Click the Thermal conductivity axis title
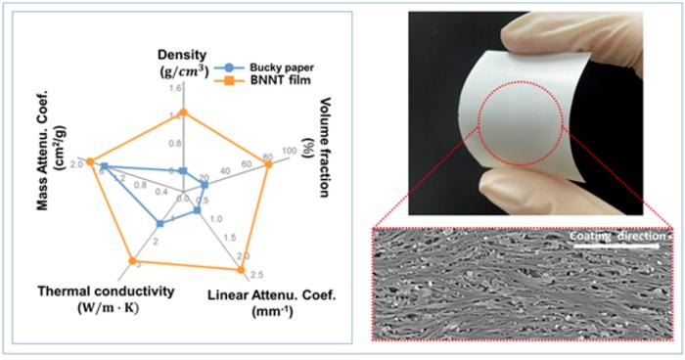(x=106, y=296)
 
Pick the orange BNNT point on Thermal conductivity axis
(x=130, y=262)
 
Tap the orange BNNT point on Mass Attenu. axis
(x=89, y=161)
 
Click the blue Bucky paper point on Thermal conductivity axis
(x=160, y=224)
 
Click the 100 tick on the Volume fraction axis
(x=287, y=152)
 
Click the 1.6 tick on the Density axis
(x=176, y=87)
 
